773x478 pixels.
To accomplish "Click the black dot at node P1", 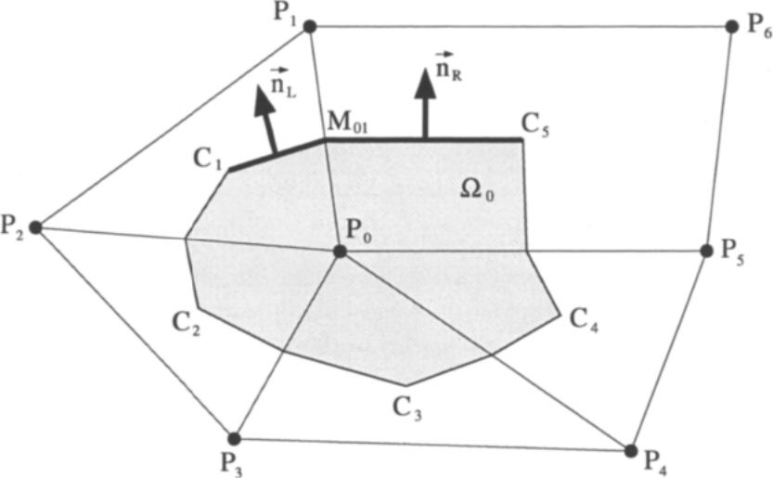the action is click(309, 27).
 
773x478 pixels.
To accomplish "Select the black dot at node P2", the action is click(35, 227).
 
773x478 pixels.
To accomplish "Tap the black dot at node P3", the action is click(235, 438).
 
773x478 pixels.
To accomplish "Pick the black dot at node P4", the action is click(630, 450).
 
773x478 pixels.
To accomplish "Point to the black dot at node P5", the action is click(706, 251).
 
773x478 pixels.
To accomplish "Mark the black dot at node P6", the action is click(732, 27).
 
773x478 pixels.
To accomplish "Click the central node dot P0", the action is click(340, 252).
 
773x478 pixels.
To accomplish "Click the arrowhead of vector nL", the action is click(264, 101).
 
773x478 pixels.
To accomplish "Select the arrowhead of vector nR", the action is click(424, 84).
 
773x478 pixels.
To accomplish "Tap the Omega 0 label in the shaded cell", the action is click(477, 189).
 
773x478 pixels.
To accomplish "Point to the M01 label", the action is click(347, 123).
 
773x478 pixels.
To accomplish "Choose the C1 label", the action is click(208, 160).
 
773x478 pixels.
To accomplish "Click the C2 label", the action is click(187, 324).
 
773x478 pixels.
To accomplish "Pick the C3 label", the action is click(407, 408).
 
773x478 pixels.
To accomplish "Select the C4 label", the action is click(585, 320).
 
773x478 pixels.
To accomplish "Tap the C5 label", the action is click(535, 125).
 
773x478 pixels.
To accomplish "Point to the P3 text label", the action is click(231, 465).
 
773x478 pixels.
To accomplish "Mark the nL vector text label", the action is click(283, 84).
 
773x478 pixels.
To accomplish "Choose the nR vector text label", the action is click(449, 67).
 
